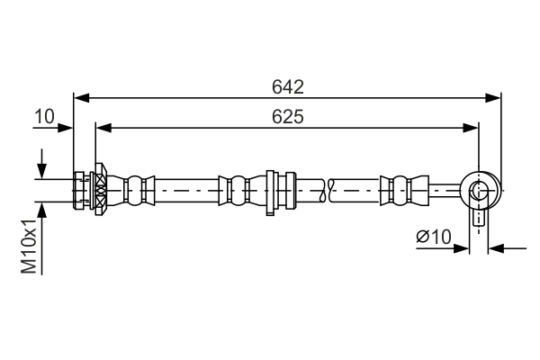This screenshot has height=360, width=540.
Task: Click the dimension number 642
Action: (288, 87)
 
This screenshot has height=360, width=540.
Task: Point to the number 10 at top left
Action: (45, 117)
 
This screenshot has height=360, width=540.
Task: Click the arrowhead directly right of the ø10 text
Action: (463, 248)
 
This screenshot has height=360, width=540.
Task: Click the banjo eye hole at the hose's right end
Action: (479, 191)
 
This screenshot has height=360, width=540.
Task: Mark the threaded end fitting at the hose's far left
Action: (81, 191)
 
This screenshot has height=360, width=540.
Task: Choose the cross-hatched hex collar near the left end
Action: (100, 191)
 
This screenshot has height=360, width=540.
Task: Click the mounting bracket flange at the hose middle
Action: (270, 192)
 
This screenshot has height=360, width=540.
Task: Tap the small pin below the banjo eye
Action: (480, 219)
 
